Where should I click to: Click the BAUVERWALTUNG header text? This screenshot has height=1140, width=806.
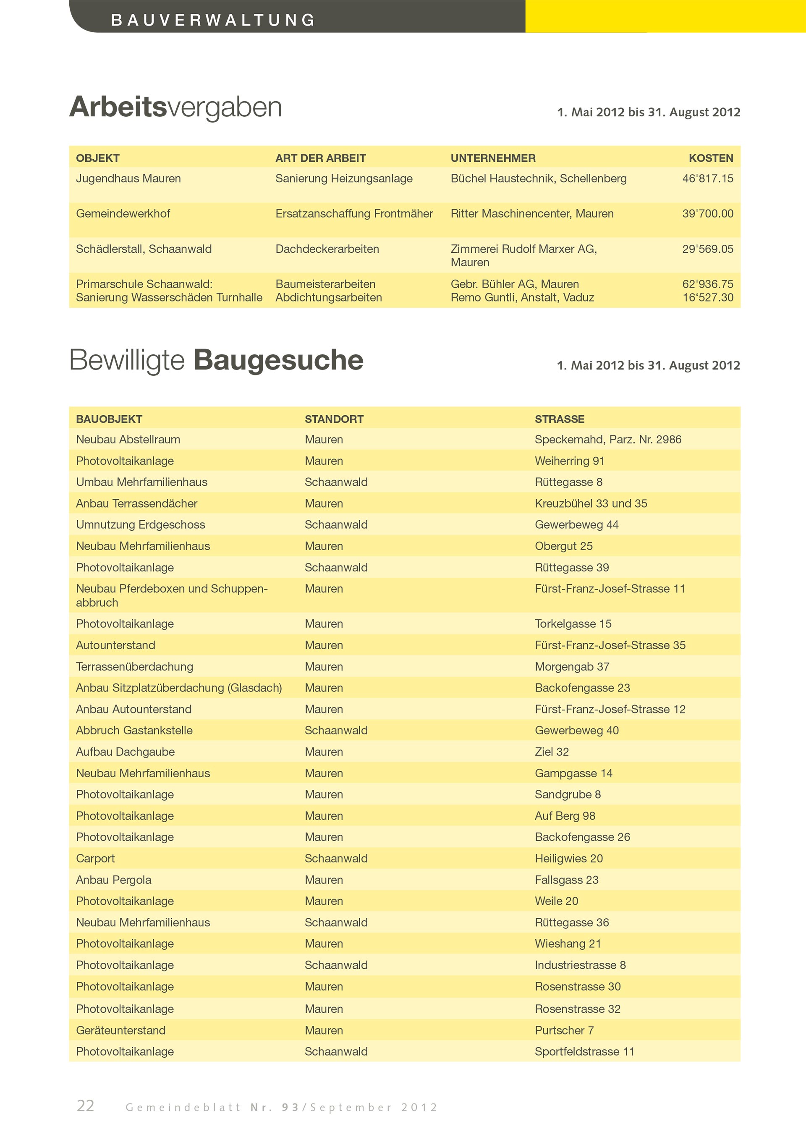click(213, 20)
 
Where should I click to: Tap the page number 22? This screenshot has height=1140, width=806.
click(85, 1106)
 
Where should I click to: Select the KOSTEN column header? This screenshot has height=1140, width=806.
click(710, 158)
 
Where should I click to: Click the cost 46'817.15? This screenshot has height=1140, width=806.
click(707, 179)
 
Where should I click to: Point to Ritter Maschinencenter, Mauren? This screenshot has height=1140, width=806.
click(531, 214)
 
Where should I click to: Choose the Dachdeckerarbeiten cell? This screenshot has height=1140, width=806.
click(327, 249)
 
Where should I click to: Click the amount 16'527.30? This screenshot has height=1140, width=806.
click(707, 297)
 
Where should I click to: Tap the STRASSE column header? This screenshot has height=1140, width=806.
click(559, 419)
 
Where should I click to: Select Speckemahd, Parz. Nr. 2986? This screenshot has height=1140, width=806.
click(607, 440)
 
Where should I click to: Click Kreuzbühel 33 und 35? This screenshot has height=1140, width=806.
click(591, 503)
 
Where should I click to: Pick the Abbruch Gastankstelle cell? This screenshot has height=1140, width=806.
click(134, 730)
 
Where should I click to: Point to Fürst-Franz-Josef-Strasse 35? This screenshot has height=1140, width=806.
click(610, 645)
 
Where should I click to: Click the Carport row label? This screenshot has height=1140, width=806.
click(95, 859)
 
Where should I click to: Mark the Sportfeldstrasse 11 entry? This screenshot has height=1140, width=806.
click(584, 1052)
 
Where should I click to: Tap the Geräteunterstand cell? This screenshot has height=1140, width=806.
click(120, 1030)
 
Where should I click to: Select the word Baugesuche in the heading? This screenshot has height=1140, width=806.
click(278, 360)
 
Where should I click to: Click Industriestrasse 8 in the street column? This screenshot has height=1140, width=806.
click(580, 965)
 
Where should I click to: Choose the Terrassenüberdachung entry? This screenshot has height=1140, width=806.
click(134, 667)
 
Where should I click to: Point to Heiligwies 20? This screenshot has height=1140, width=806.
click(568, 859)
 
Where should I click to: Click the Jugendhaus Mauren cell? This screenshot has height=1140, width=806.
click(128, 179)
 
